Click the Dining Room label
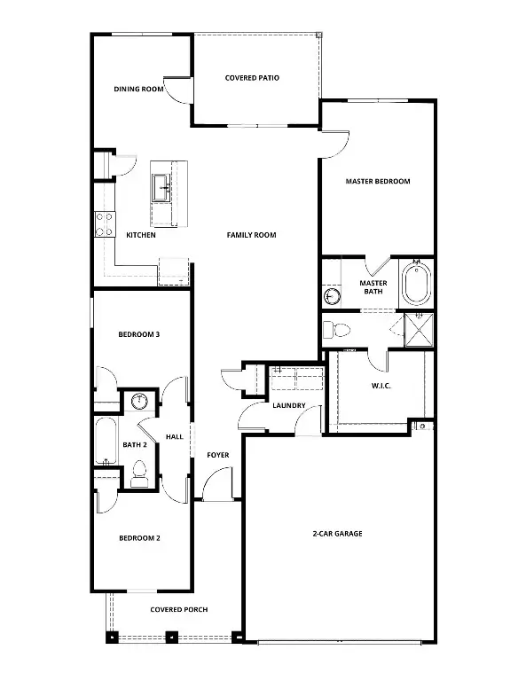pos(139,89)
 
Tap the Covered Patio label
pos(252,78)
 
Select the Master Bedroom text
pos(378,182)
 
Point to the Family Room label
pos(251,235)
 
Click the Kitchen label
pos(141,235)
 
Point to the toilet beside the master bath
pos(336,330)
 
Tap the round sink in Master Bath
pos(332,296)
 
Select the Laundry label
pos(289,406)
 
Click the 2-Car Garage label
pos(337,534)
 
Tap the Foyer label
pos(218,455)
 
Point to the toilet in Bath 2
pos(138,474)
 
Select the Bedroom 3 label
pos(139,335)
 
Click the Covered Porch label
pos(179,610)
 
